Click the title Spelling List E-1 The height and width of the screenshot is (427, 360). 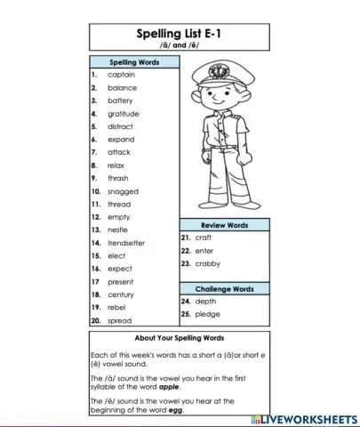click(x=179, y=35)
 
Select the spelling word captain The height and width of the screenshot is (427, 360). click(x=121, y=75)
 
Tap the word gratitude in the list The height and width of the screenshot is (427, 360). click(x=124, y=114)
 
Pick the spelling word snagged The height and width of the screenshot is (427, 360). click(x=123, y=191)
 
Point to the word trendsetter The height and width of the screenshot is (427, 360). click(x=126, y=243)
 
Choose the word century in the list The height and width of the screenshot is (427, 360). click(x=121, y=294)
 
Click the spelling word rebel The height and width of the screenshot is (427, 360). click(x=117, y=308)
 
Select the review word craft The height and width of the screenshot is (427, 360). click(x=204, y=238)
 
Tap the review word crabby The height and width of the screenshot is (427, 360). click(x=207, y=263)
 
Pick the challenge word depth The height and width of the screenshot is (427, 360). click(x=205, y=302)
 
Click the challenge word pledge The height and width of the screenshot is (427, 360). click(x=207, y=314)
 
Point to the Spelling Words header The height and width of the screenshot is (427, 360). click(x=133, y=62)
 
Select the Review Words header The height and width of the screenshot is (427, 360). click(x=224, y=225)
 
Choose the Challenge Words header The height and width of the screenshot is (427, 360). click(x=224, y=289)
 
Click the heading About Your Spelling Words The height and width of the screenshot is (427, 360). click(x=179, y=338)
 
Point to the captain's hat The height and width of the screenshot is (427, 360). click(x=217, y=70)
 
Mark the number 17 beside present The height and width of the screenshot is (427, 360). click(x=95, y=282)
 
